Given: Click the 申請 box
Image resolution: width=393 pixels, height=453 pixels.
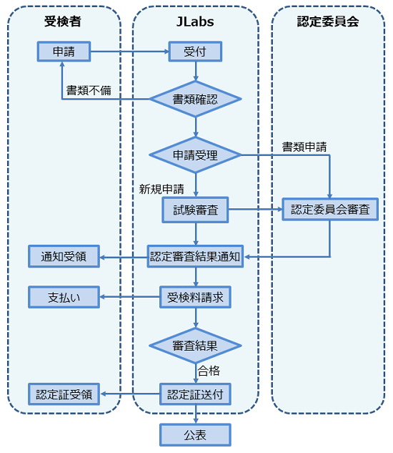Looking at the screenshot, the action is click(64, 52).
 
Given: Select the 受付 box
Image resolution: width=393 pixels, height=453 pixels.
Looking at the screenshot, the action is click(195, 52).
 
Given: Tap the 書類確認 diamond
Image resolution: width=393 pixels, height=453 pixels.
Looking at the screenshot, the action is click(195, 99).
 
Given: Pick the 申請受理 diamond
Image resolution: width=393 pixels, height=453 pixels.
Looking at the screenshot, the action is click(195, 155).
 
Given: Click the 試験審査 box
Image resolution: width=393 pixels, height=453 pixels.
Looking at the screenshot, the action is click(195, 210).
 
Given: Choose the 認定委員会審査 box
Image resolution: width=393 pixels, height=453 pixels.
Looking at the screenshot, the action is click(330, 209).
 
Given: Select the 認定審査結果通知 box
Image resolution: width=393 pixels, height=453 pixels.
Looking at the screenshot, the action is click(195, 256).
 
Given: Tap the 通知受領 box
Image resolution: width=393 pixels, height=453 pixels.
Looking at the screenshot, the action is click(64, 256).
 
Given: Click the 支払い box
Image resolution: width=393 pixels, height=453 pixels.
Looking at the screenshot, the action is click(64, 297).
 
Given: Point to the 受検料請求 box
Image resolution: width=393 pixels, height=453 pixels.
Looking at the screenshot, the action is click(195, 297).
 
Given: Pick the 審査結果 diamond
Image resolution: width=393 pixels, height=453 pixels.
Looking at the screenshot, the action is click(195, 346).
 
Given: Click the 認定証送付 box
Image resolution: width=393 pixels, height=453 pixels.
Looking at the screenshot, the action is click(195, 394).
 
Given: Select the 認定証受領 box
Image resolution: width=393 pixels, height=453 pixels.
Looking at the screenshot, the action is click(64, 394).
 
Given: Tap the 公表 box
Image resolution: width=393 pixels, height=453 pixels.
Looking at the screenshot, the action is click(195, 435).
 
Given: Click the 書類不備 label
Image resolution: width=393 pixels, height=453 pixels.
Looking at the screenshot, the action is click(89, 90).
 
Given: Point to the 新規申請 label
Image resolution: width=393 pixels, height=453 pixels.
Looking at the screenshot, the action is click(161, 189).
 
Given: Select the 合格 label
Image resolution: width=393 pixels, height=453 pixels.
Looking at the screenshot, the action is click(209, 371).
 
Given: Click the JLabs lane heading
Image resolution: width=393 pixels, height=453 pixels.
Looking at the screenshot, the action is click(195, 21).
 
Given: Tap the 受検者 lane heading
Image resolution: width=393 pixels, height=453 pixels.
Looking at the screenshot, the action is click(63, 21).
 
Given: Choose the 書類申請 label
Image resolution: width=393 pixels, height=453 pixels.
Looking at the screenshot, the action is click(304, 147).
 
